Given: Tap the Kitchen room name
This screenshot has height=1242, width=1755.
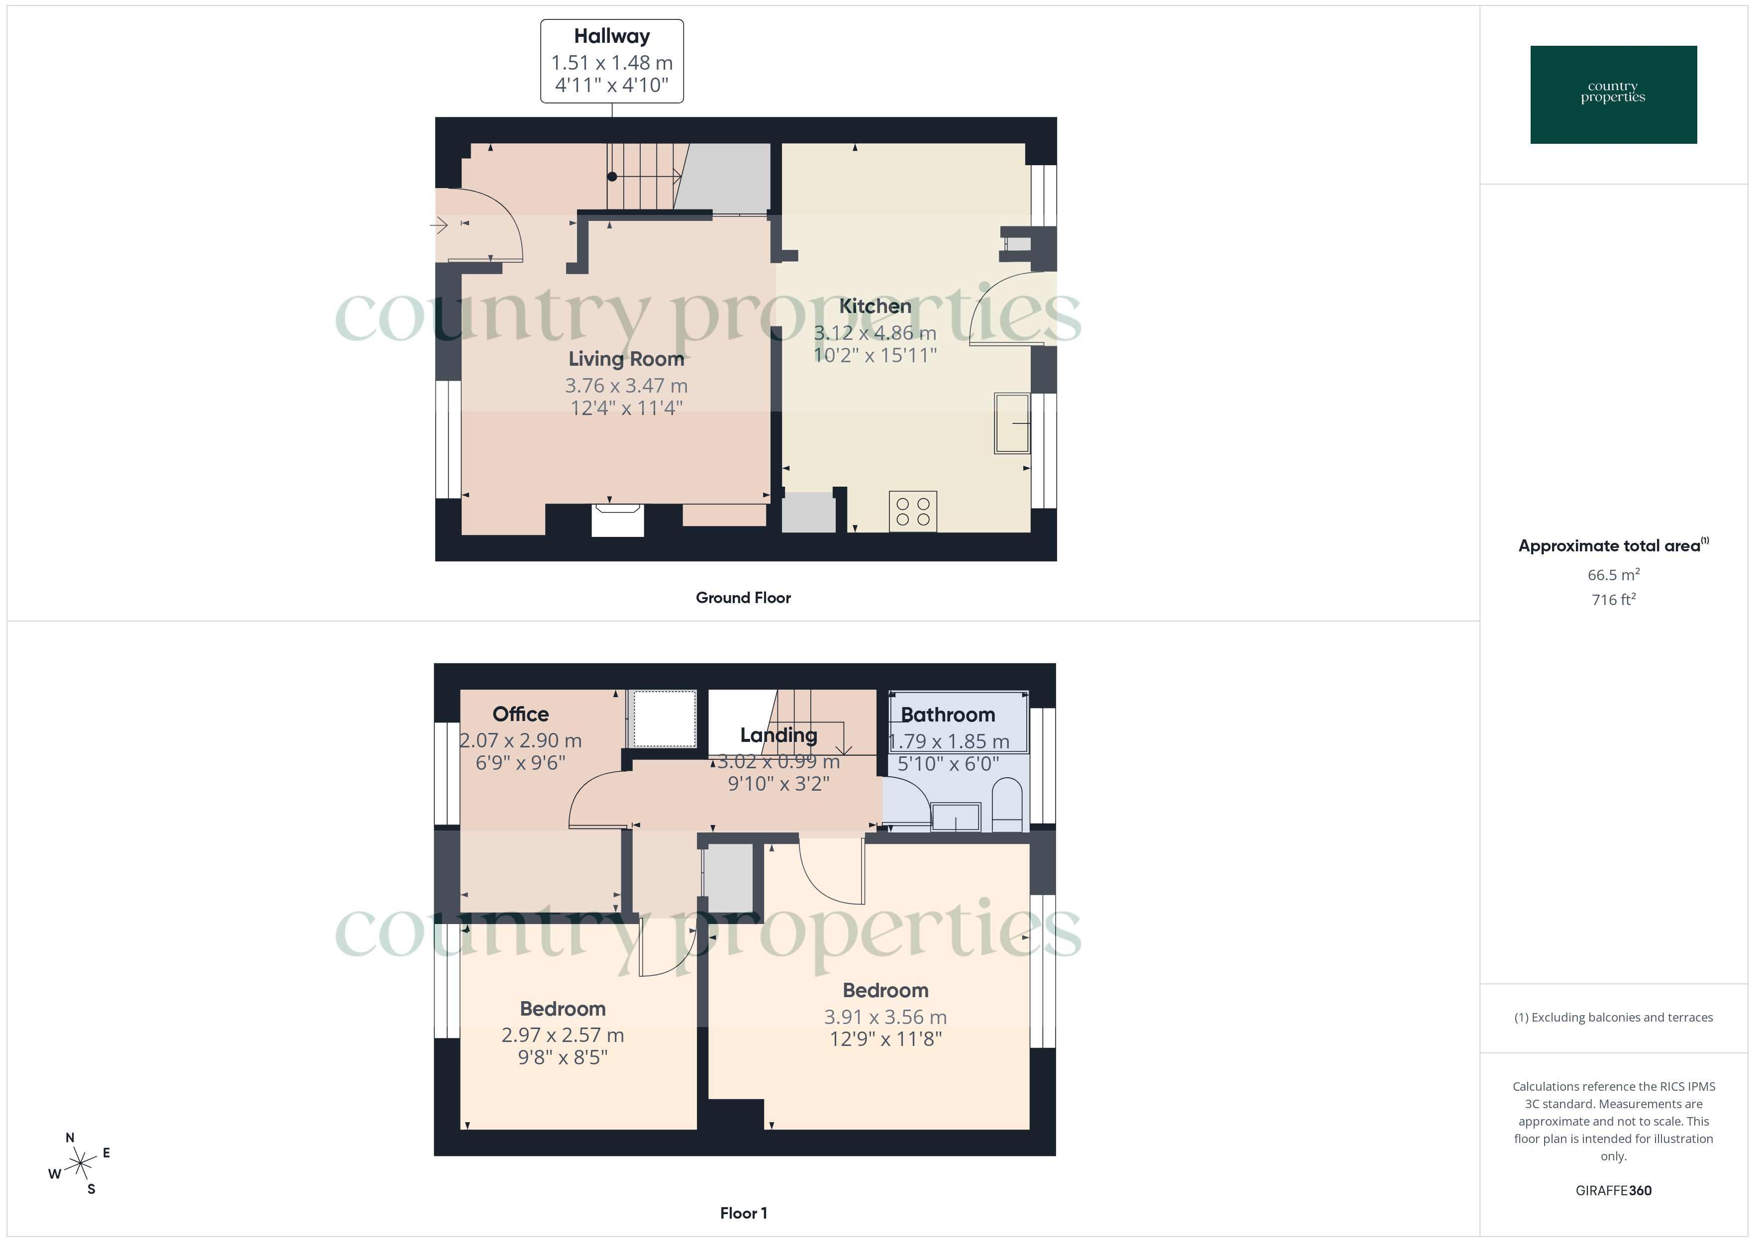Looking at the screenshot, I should pos(875,306).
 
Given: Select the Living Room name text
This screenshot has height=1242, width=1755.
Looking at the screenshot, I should pos(626,359).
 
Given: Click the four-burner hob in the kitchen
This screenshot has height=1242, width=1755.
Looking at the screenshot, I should pos(913,512).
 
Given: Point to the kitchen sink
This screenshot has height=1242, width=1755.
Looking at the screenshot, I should pos(1011,423).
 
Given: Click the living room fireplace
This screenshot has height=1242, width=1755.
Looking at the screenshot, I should pos(618,519).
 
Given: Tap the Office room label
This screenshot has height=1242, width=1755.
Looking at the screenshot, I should pos(520,715).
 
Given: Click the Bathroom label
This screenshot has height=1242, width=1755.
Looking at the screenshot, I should pos(948,715).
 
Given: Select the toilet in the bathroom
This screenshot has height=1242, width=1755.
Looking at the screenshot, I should pos(1007,805).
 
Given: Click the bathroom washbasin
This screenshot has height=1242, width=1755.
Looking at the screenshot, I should pos(956,817).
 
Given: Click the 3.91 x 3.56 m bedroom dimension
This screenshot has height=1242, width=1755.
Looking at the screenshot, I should pos(885,1017).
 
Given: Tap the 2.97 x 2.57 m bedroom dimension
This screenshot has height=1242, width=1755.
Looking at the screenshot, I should pos(563,1035).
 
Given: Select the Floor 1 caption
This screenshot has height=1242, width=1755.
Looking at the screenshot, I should pos(743,1213).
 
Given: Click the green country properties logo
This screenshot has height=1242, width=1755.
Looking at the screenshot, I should pos(1613,95).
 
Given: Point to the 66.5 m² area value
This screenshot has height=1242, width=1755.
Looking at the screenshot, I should pos(1613,574).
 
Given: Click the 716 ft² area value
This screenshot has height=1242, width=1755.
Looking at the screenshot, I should pos(1613,600).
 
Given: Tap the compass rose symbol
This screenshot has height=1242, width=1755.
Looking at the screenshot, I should pos(80,1164).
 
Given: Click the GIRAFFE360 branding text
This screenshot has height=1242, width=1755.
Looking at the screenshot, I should pos(1613,1191).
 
